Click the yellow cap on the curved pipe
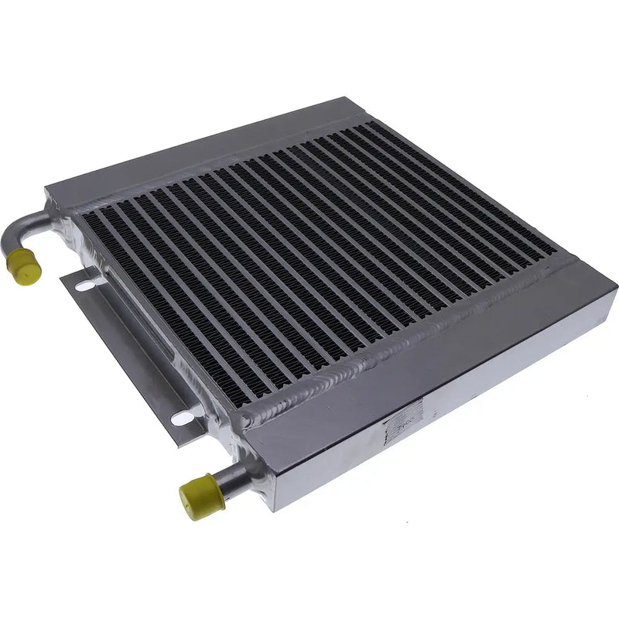(19, 265)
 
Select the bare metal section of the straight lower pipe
(232, 478)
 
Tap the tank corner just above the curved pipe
(48, 190)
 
